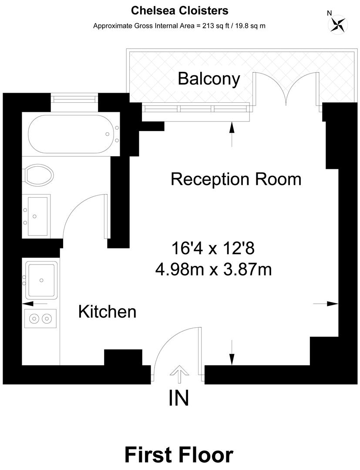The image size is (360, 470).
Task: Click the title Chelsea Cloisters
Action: click(179, 10)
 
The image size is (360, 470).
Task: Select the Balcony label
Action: click(209, 79)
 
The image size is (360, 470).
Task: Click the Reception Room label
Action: click(236, 179)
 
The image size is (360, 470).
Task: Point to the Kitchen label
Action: click(107, 312)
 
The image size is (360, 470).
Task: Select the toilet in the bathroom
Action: click(39, 175)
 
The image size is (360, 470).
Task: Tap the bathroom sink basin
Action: click(37, 216)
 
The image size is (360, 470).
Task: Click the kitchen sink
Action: click(41, 280)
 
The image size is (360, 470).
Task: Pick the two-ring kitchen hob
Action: click(40, 319)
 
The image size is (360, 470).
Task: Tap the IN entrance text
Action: click(178, 398)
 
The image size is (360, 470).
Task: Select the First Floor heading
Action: click(179, 454)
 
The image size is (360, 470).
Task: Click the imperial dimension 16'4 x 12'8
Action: click(213, 249)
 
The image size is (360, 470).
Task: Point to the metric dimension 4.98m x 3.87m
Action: click(213, 269)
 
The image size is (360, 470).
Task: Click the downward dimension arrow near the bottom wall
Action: click(232, 353)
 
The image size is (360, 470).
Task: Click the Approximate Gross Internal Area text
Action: click(179, 26)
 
